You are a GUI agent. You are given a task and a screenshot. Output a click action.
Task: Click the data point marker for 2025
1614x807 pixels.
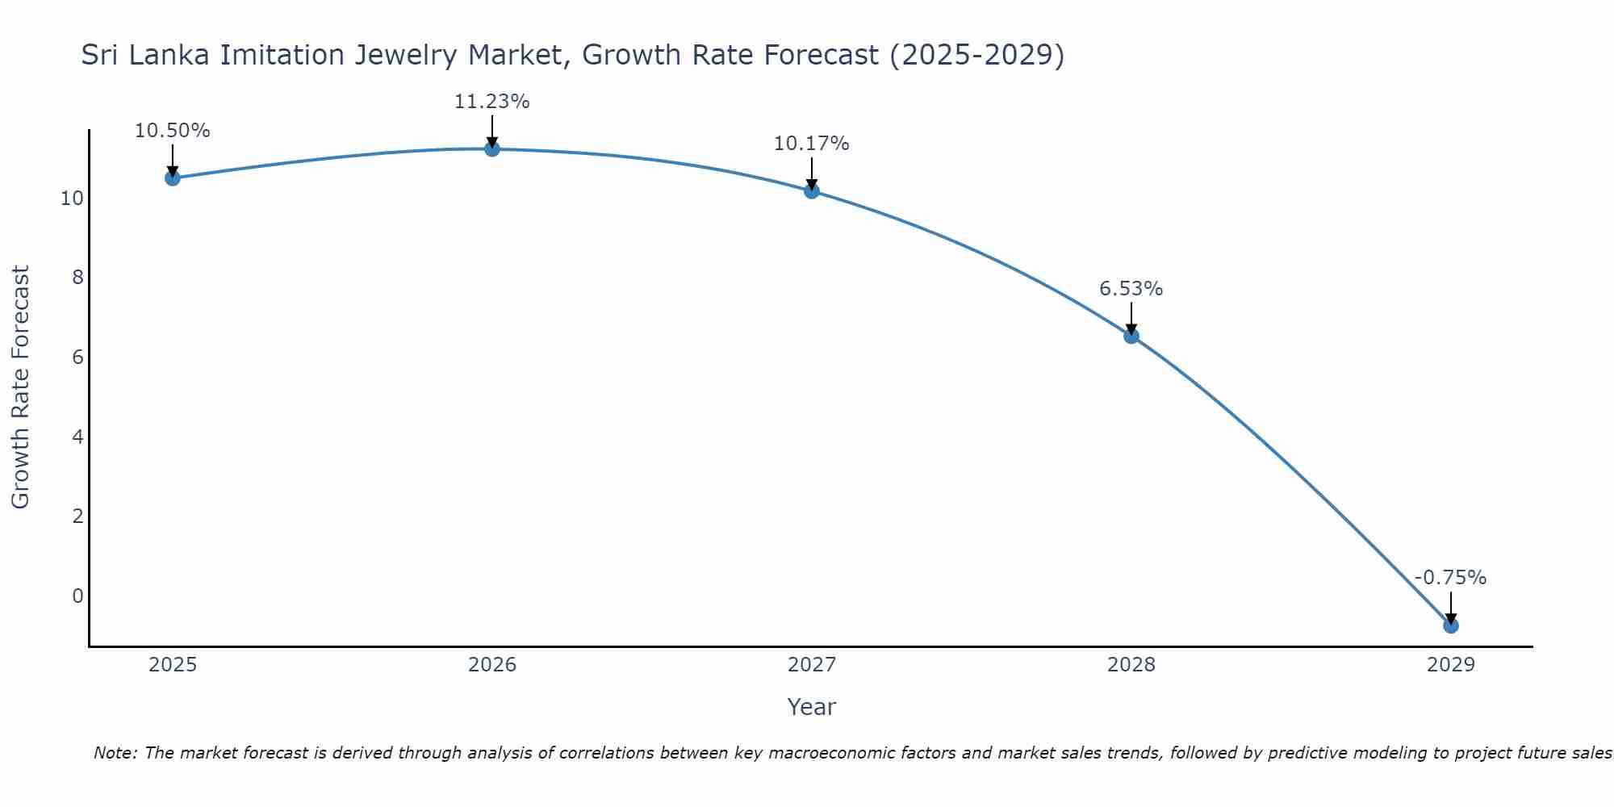pos(172,178)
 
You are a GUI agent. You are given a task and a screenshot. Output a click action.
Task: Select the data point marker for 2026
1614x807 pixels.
pos(491,148)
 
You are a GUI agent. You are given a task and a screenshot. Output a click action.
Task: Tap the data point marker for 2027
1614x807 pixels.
pos(811,190)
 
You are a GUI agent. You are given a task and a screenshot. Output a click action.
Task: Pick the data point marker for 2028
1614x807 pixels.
pos(1131,336)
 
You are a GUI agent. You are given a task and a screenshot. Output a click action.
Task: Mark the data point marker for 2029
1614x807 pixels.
pos(1450,625)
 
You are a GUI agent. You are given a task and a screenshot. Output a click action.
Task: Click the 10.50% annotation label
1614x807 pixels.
pos(172,131)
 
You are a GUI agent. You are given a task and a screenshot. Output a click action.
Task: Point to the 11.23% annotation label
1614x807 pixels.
pos(491,102)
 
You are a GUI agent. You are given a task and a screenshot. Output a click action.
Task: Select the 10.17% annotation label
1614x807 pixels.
pos(811,144)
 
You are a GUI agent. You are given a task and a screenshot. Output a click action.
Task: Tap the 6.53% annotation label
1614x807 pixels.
pos(1131,289)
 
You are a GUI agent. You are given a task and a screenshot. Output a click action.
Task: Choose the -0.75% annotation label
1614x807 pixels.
pos(1450,578)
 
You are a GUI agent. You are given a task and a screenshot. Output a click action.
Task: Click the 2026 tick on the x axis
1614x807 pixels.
pos(492,665)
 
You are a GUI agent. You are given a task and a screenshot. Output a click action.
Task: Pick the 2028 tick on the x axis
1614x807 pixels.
pos(1131,665)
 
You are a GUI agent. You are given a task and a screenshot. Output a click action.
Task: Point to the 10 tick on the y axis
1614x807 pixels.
pos(72,199)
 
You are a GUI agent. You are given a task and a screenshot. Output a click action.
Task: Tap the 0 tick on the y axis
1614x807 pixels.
pos(77,596)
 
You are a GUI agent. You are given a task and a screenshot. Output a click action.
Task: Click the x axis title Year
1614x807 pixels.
pos(811,707)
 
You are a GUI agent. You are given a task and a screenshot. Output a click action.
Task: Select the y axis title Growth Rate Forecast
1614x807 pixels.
pos(20,387)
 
